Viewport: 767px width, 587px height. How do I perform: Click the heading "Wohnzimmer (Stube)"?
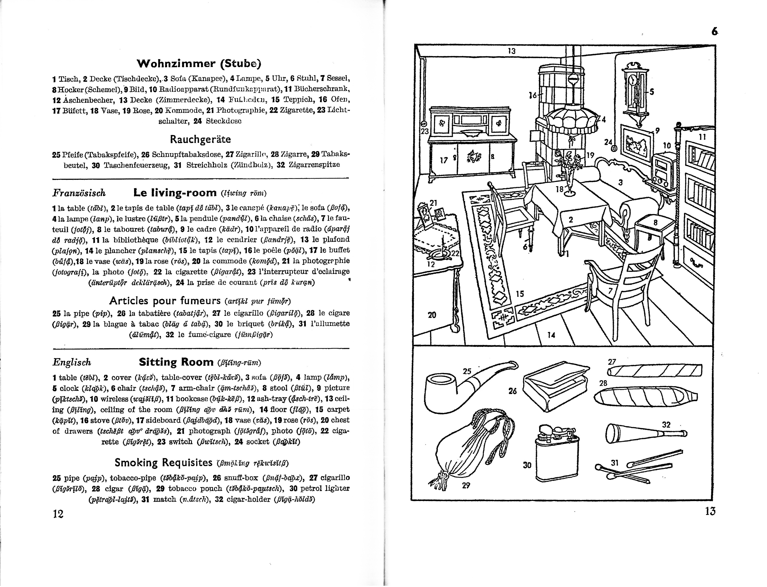199,64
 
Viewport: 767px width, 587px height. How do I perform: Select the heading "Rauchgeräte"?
200,139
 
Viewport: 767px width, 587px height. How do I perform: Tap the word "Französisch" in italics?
79,193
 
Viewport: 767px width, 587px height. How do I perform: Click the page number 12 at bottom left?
58,514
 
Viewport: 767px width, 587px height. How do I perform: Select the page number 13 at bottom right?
710,511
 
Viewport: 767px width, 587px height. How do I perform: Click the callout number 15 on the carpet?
520,294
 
